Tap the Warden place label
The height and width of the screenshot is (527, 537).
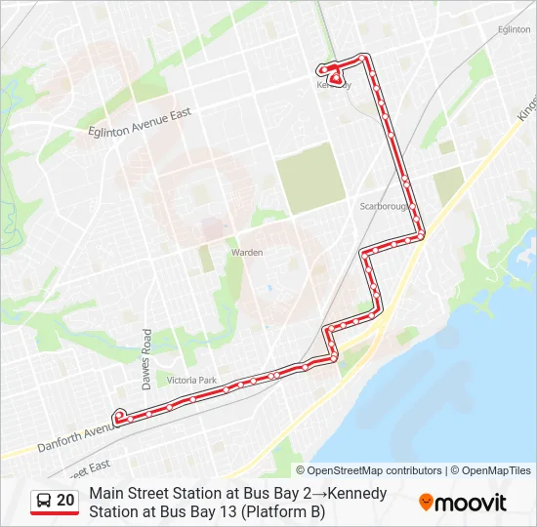click(x=247, y=252)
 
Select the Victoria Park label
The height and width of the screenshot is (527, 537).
click(x=191, y=379)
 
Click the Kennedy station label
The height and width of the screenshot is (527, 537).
click(x=333, y=85)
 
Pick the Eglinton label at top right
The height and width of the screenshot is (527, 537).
click(x=514, y=30)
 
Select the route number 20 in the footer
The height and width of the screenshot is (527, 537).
click(x=65, y=501)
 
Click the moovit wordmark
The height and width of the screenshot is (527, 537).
click(x=471, y=503)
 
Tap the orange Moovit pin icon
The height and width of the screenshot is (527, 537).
click(x=426, y=503)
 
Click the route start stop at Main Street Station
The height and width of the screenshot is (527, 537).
click(x=119, y=416)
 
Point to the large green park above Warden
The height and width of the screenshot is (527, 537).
click(x=311, y=178)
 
